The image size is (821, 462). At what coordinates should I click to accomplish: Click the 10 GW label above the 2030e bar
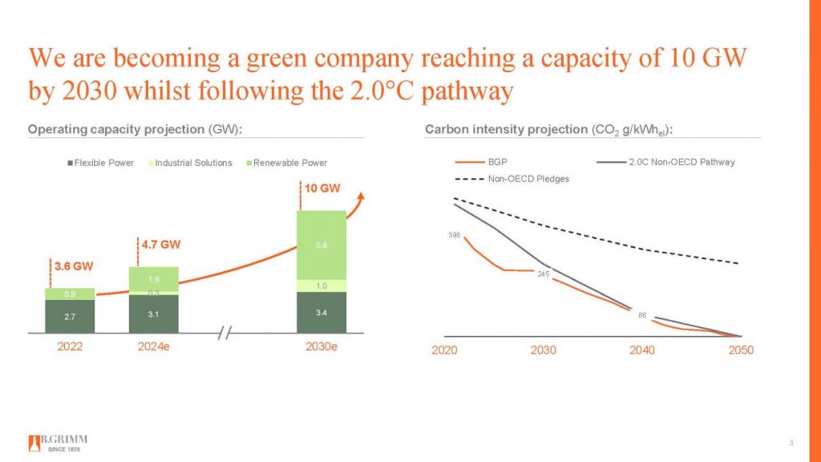click(x=321, y=189)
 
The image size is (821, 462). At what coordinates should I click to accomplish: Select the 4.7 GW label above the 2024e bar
click(x=161, y=245)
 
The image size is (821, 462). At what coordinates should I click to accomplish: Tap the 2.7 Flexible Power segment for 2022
click(x=70, y=317)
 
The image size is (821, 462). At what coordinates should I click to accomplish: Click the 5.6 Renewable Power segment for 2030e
click(x=321, y=245)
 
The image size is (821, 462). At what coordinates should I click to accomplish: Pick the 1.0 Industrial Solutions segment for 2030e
click(x=321, y=286)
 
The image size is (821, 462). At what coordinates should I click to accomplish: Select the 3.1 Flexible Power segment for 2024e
click(x=153, y=314)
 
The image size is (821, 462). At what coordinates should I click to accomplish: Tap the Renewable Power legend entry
click(x=286, y=163)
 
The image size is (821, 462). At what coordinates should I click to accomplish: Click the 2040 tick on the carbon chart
click(x=641, y=351)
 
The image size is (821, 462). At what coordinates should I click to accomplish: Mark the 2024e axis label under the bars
click(x=153, y=348)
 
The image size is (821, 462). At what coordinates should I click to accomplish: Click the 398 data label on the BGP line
click(x=454, y=235)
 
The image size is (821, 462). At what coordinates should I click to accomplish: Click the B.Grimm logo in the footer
click(x=58, y=443)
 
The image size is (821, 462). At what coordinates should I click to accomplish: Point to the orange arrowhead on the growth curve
click(x=361, y=196)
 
